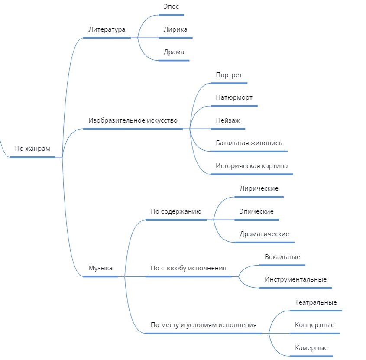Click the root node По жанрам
point(32,149)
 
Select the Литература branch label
point(107,30)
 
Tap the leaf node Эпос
point(171,7)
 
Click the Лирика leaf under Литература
point(175,30)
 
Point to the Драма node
point(174,52)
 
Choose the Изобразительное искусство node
point(133,120)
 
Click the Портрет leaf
point(229,75)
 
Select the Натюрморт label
point(234,98)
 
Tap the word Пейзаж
point(228,120)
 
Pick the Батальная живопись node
point(249,143)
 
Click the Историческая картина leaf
point(252,166)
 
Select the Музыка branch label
point(100,268)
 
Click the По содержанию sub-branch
point(176,212)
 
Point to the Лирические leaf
point(259,189)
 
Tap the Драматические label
point(264,234)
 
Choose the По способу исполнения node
point(188,268)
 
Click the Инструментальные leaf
point(295,280)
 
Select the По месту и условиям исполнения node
point(204,325)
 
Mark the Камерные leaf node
point(311,348)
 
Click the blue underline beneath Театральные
point(316,311)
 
